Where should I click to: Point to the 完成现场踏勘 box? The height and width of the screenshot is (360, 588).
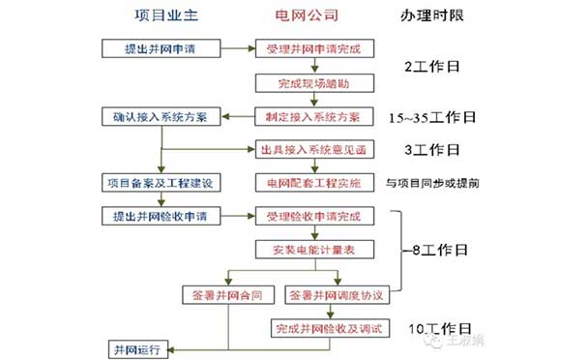(307, 83)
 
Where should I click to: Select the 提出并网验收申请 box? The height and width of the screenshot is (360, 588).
(161, 215)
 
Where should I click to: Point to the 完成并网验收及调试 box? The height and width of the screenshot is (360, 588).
(329, 329)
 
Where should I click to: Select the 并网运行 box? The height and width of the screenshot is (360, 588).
(140, 347)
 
